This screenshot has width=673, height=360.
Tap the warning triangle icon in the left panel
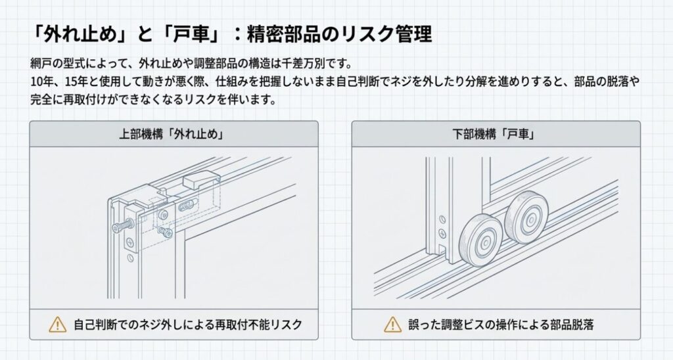[58, 324]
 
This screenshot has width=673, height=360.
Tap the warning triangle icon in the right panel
[392, 324]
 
